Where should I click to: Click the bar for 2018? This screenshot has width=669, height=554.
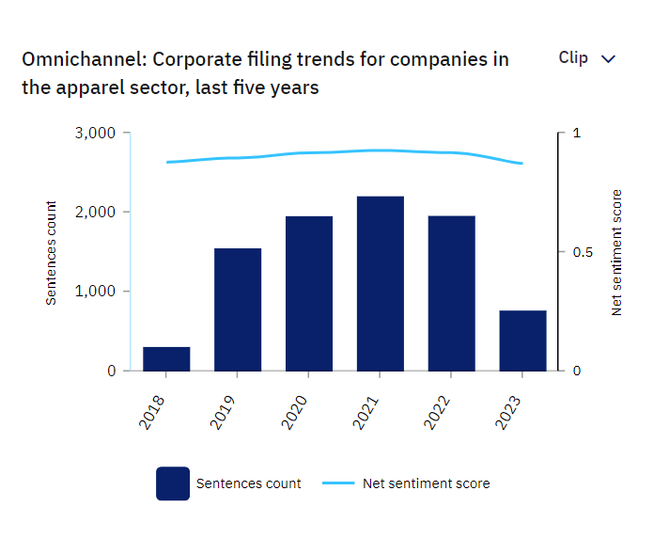[x=166, y=358]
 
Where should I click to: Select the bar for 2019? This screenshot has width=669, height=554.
[x=238, y=309]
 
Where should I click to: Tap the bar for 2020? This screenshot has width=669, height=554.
[x=309, y=293]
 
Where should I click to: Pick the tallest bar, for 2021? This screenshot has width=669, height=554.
[x=381, y=284]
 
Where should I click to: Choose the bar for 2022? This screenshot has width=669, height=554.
[x=451, y=293]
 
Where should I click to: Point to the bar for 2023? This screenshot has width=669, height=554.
[x=522, y=340]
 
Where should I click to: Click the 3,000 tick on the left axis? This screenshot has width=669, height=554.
[x=95, y=133]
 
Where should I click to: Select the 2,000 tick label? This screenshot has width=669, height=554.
[x=95, y=212]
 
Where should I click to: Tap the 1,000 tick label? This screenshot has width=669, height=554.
[x=95, y=292]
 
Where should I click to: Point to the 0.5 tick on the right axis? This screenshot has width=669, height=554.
[x=583, y=252]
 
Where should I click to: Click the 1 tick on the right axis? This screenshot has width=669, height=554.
[x=577, y=133]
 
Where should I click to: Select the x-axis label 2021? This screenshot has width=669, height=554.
[x=366, y=413]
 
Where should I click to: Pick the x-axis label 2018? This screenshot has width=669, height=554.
[x=151, y=413]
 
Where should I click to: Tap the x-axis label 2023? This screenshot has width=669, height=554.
[x=507, y=413]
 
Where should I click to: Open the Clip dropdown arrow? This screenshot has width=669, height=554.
[x=608, y=59]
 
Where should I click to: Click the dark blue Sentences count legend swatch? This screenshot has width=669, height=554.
[x=173, y=483]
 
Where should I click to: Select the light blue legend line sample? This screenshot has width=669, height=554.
[x=338, y=483]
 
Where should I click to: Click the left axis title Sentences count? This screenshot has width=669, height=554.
[x=51, y=253]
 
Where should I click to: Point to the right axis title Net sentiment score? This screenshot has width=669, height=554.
[x=616, y=252]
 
